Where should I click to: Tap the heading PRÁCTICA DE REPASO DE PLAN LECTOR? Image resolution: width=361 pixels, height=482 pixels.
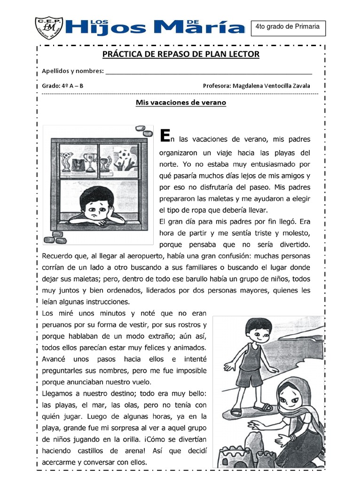(181, 54)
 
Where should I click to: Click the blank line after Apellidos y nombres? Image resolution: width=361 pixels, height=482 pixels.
(209, 72)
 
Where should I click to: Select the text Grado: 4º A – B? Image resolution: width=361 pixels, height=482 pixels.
(63, 86)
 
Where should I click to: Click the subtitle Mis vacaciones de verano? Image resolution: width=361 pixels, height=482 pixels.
(181, 102)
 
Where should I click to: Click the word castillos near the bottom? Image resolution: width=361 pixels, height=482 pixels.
(93, 450)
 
